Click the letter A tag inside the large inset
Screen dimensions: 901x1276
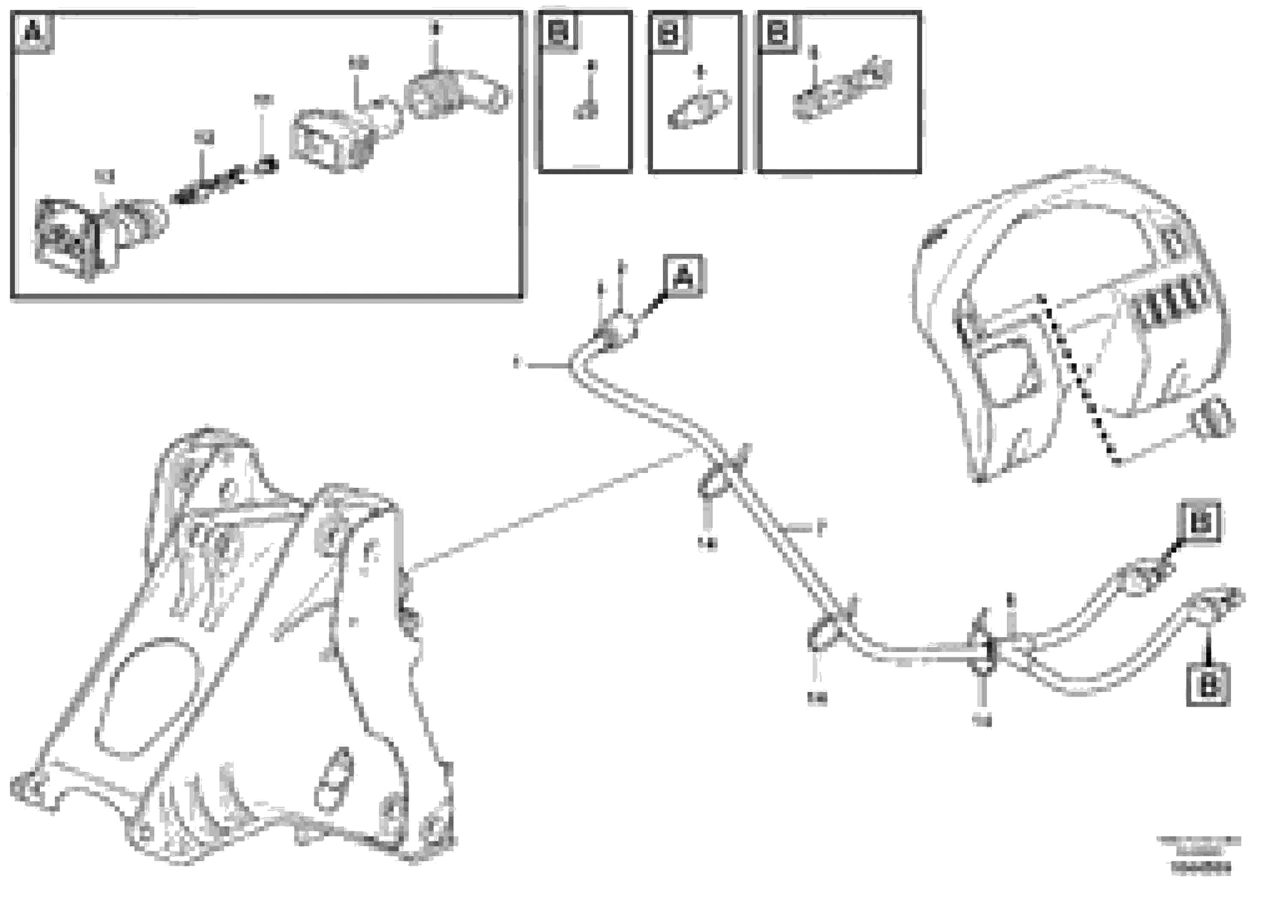32,32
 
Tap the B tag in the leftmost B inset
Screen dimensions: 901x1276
558,31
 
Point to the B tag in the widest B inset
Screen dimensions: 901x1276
778,32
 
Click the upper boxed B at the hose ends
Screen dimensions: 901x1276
1199,522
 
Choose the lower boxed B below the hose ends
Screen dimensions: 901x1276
1208,685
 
